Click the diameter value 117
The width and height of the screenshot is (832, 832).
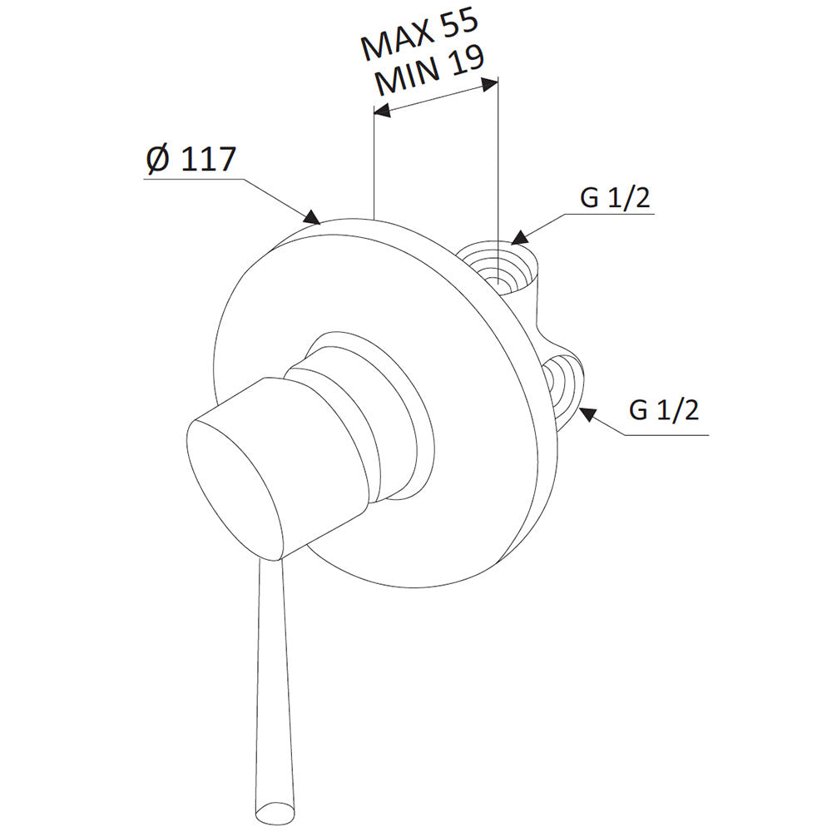point(207,159)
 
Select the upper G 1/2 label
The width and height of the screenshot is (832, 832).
point(615,199)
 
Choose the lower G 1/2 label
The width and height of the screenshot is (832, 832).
point(664,409)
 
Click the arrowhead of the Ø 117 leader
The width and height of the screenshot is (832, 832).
point(313,217)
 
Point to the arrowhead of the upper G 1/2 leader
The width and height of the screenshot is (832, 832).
point(521,237)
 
